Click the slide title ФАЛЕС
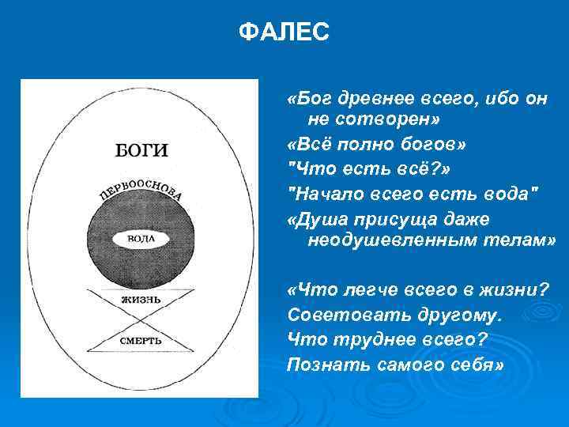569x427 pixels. (x=284, y=32)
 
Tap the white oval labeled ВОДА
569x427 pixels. (x=141, y=238)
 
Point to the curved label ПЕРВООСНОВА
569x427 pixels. (x=141, y=191)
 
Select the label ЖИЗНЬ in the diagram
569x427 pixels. (x=141, y=300)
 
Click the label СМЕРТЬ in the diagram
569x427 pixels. (x=141, y=340)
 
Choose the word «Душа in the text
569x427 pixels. (x=313, y=219)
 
